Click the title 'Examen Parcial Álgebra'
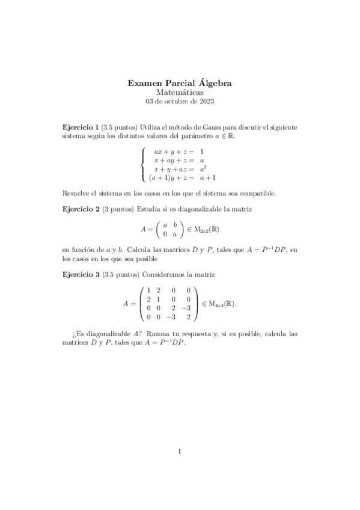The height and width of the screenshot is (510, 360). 180,83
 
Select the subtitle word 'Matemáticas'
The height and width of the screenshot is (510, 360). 180,93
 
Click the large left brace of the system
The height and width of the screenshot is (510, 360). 143,165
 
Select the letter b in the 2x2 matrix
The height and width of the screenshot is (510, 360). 175,224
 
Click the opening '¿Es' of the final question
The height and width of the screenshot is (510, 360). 77,333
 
